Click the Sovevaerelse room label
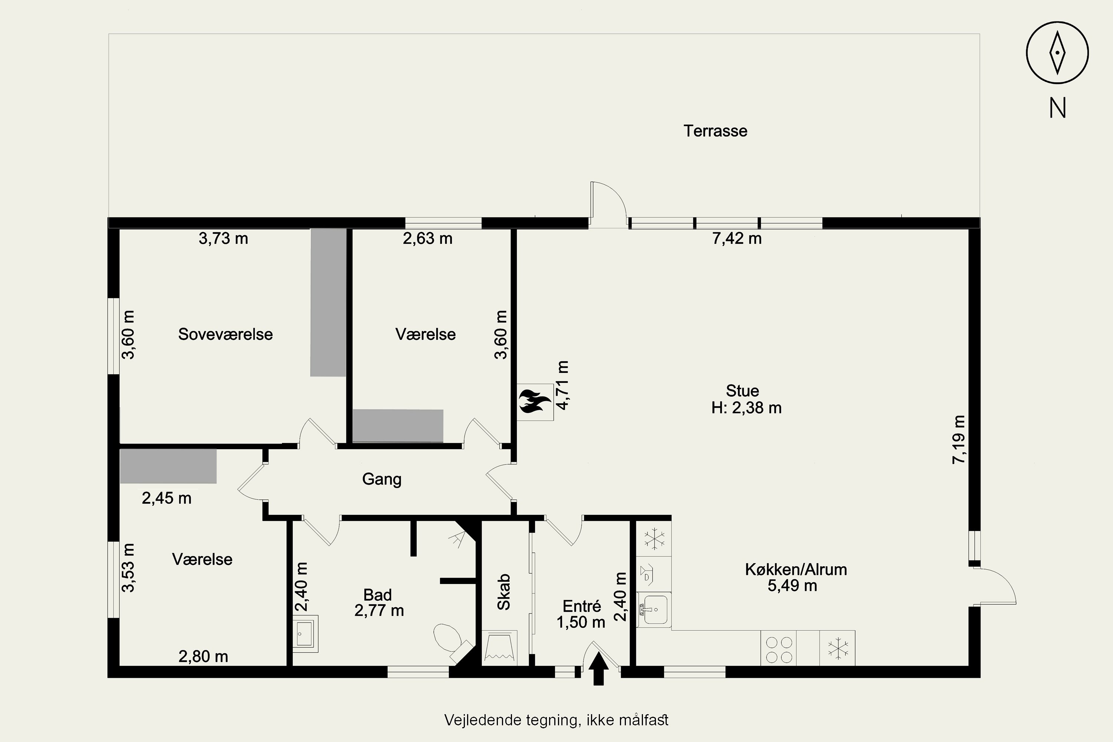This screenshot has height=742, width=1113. click(x=225, y=335)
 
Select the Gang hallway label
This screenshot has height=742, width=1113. click(x=382, y=479)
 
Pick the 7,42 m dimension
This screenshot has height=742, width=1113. click(x=737, y=239)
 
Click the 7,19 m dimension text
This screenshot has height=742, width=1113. click(x=959, y=439)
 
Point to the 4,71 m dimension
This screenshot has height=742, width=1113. click(x=563, y=385)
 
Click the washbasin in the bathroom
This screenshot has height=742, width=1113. click(x=305, y=634)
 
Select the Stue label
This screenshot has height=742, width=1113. click(x=742, y=391)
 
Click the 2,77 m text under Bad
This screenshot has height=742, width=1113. click(x=379, y=611)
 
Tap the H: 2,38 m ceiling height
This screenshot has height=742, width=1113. click(x=746, y=408)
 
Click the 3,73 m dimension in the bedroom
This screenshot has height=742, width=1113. click(x=223, y=239)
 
